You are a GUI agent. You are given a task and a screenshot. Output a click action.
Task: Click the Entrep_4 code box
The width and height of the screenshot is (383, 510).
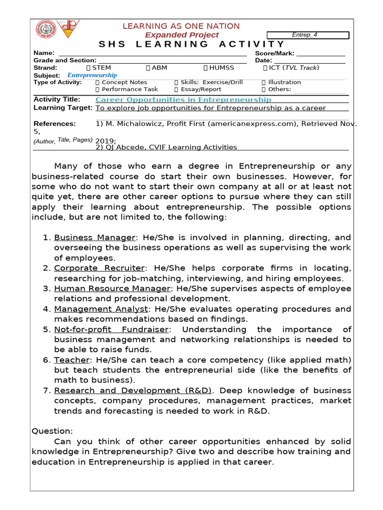[308, 35]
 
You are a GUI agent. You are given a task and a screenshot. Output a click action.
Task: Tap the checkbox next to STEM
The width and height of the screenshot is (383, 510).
[89, 68]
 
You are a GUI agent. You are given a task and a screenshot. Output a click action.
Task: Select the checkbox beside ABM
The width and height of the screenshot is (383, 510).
[148, 68]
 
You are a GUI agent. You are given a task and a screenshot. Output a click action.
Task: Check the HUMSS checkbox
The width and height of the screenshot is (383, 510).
[206, 68]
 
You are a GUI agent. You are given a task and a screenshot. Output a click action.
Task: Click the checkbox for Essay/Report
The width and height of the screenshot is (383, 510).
[177, 90]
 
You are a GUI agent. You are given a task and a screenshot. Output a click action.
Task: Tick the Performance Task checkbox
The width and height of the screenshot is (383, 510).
[98, 90]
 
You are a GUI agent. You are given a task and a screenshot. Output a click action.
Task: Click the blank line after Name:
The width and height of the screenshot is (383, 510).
[153, 53]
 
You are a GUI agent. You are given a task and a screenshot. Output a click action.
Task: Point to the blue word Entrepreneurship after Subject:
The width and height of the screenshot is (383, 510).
[92, 75]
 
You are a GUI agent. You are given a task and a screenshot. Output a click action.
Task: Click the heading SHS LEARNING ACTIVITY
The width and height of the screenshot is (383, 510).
[192, 44]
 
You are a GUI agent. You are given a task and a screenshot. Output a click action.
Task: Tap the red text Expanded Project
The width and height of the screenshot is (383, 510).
[182, 35]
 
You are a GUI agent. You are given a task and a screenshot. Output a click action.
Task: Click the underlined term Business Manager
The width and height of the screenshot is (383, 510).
[95, 238]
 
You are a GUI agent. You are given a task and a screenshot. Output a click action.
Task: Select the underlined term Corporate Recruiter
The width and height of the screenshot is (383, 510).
[99, 268]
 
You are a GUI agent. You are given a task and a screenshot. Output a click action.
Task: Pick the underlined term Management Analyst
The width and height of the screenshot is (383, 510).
[101, 309]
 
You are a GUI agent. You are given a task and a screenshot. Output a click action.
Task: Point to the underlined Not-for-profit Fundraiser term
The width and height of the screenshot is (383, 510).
[112, 330]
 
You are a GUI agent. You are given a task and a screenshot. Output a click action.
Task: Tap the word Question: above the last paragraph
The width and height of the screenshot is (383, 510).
[52, 431]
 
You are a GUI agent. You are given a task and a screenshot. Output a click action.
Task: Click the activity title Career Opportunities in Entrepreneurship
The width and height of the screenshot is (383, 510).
[184, 100]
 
